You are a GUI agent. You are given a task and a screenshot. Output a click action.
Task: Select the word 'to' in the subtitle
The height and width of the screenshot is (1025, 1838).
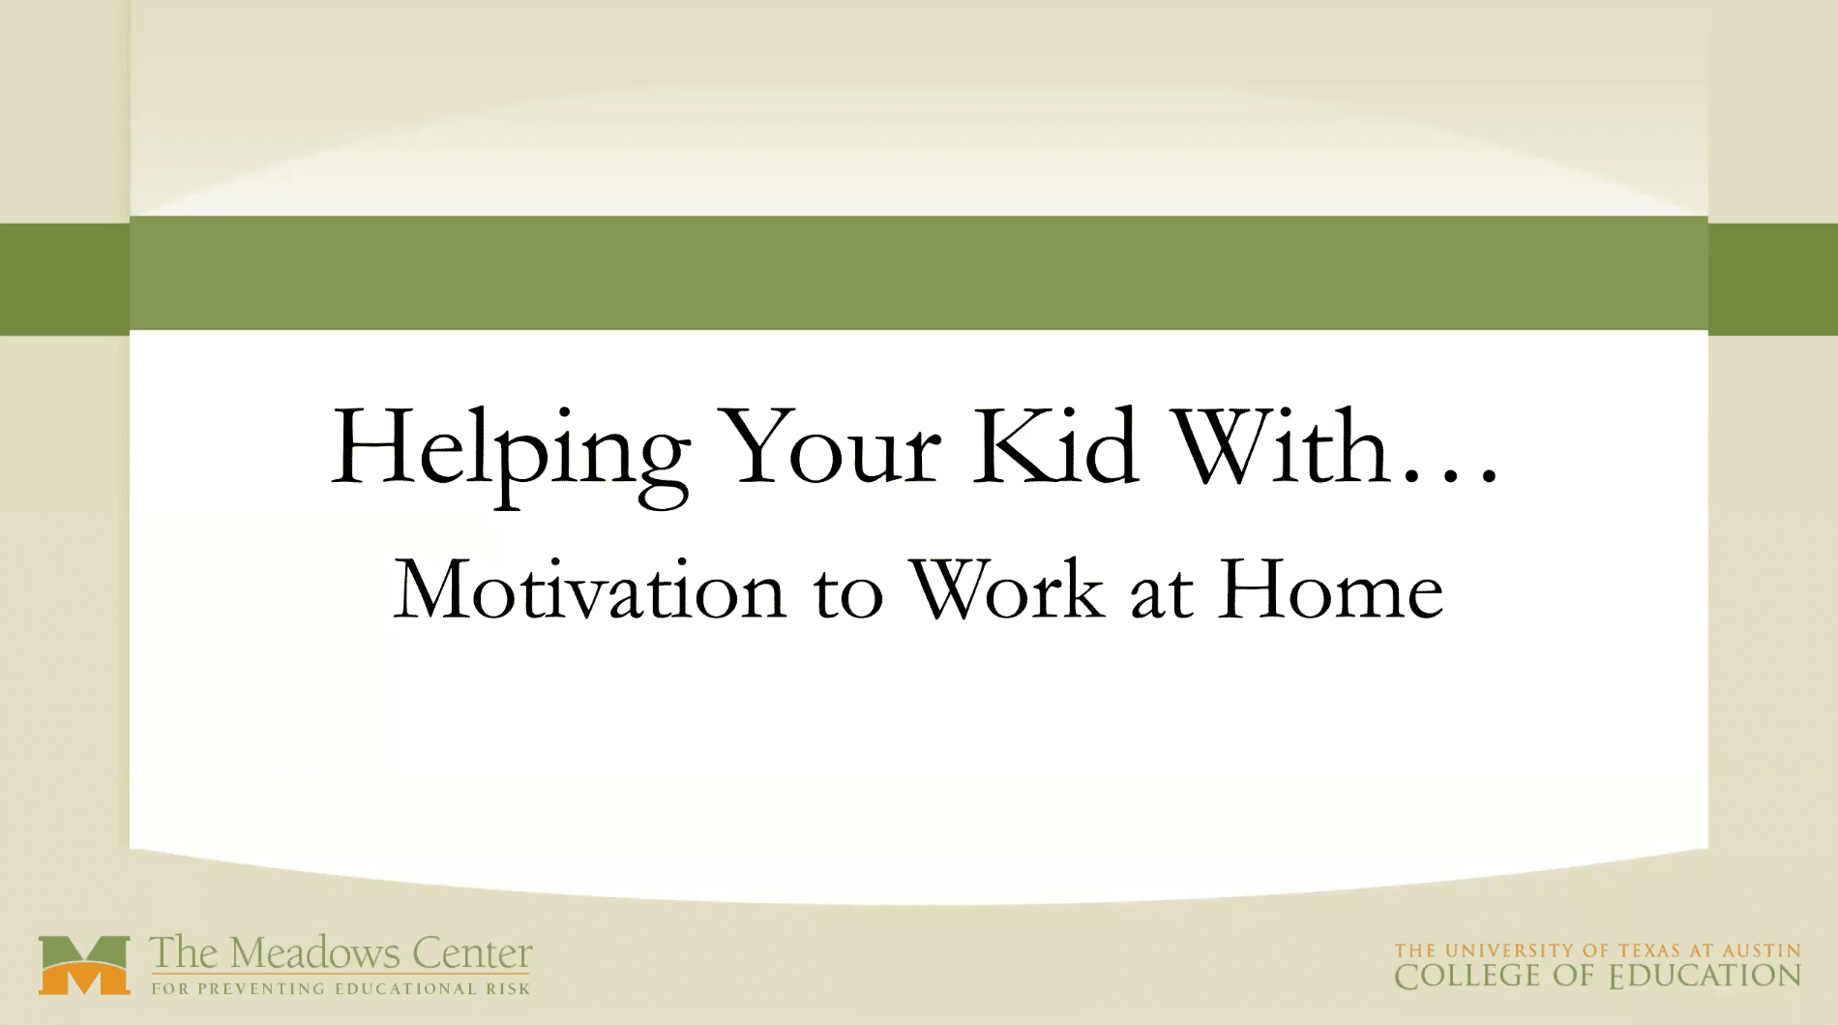[848, 592]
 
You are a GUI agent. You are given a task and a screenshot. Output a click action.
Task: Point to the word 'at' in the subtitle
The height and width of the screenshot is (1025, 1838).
[1161, 592]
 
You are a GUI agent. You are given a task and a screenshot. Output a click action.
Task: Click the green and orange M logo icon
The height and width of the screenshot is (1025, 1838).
[84, 965]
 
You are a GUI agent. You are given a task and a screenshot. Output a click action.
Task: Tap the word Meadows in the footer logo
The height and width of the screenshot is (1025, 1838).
[314, 953]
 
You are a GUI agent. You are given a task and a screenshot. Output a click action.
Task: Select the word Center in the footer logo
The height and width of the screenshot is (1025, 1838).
[472, 954]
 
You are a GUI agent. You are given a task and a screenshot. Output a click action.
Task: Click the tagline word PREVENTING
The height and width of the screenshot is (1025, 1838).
[262, 989]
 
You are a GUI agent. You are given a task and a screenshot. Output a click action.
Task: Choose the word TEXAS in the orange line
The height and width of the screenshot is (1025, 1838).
[1649, 951]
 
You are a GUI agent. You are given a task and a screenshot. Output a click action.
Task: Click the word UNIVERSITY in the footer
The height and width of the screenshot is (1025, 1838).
[1510, 951]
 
